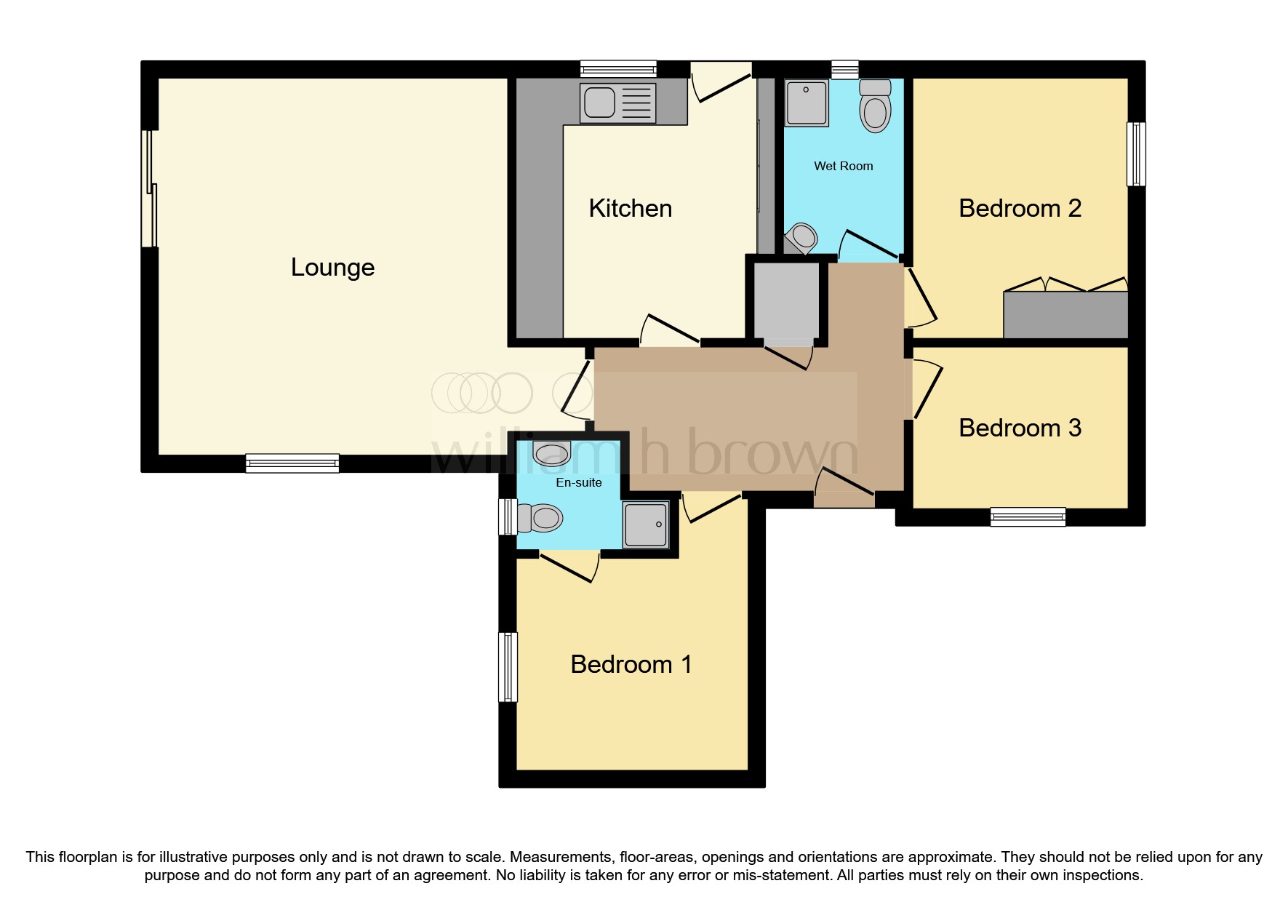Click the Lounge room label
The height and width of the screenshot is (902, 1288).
tap(332, 268)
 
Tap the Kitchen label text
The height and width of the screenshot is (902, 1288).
tap(630, 209)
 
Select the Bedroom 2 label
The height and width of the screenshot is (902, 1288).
tap(1020, 209)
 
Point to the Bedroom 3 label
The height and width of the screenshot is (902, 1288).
tap(1020, 428)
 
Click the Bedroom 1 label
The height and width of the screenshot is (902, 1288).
tap(631, 664)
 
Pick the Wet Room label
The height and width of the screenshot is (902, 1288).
tap(843, 166)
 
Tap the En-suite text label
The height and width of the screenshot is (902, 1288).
tap(578, 482)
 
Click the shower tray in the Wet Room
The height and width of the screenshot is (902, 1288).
tap(807, 103)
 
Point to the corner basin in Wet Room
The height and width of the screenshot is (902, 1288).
tap(802, 236)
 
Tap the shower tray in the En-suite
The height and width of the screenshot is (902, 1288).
tap(645, 524)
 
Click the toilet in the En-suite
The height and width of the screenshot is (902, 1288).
tap(542, 519)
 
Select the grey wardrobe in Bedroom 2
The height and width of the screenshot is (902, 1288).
tap(1065, 314)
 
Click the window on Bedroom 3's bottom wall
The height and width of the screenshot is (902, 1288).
tap(1028, 517)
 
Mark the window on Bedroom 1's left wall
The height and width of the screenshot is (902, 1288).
tap(508, 666)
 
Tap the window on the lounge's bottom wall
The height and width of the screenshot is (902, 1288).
tap(292, 463)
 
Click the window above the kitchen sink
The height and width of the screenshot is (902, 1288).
tap(618, 69)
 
